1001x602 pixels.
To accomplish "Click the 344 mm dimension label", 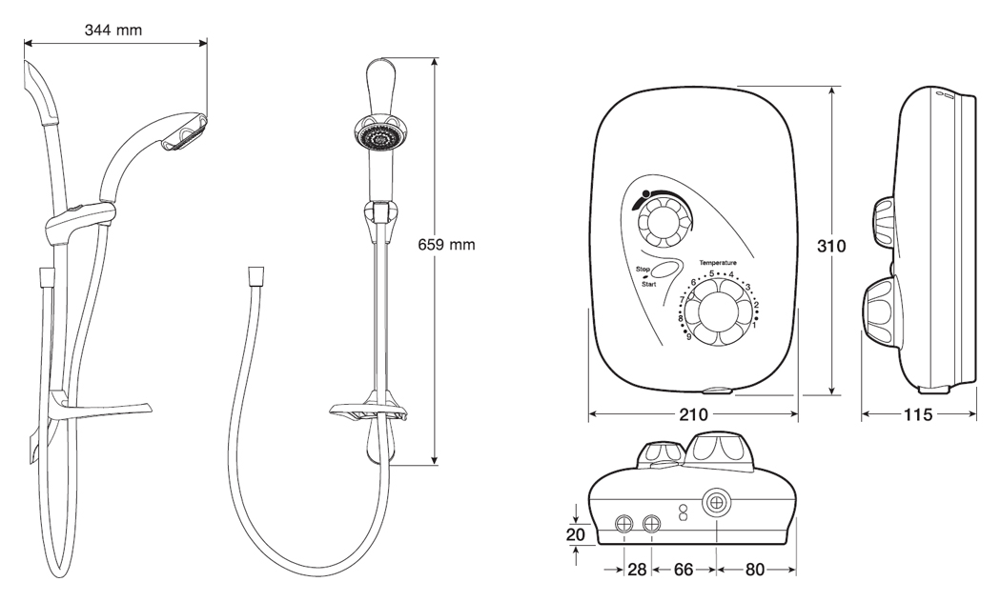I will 113,30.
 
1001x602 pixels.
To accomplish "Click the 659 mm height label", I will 446,245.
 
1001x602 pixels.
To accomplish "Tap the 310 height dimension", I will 831,245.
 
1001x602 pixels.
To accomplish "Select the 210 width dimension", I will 693,415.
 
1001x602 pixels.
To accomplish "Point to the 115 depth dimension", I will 918,415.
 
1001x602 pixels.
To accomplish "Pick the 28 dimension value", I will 638,570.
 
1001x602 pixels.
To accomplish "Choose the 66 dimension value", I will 684,570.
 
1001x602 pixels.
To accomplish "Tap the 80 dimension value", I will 755,570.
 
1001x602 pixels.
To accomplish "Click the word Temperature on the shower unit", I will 718,261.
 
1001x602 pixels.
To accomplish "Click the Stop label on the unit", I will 643,271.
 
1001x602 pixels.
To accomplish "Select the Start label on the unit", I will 648,285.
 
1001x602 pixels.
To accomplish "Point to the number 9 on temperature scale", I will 688,335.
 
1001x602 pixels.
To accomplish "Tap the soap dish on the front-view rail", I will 368,411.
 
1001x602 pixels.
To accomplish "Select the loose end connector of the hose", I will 255,276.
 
